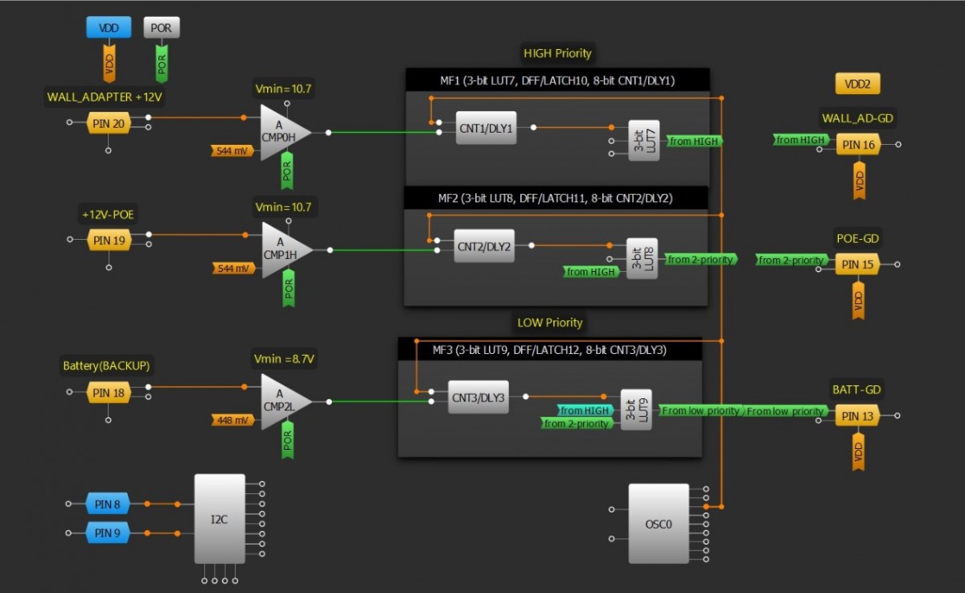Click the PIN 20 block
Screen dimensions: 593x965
click(x=109, y=123)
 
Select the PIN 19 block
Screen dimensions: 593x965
click(x=109, y=240)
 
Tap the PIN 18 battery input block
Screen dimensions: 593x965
click(x=109, y=393)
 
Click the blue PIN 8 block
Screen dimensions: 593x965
click(x=108, y=504)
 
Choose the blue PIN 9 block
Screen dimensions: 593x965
click(x=108, y=533)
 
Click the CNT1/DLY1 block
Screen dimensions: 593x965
click(x=486, y=128)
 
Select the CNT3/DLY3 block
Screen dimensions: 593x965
click(x=478, y=397)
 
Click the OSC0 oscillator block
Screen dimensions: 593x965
click(x=659, y=524)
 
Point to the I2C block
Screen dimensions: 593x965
click(x=220, y=519)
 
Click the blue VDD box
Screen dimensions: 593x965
click(x=109, y=28)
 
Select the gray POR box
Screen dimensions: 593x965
click(x=162, y=28)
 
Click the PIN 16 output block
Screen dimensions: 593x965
click(x=857, y=145)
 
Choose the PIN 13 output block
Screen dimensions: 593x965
click(x=857, y=416)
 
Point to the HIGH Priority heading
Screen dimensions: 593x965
click(x=557, y=53)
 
